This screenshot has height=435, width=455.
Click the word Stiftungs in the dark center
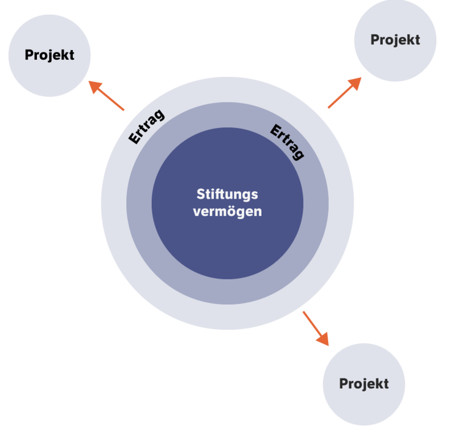(227, 195)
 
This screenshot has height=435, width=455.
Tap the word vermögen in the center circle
(227, 211)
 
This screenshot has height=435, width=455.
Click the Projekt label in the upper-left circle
(49, 55)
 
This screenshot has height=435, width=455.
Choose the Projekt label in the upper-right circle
(395, 40)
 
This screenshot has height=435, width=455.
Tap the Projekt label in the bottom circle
(363, 383)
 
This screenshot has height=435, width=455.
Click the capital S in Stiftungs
(200, 195)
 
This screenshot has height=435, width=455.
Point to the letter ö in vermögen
(233, 211)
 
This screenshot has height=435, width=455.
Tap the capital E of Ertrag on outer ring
(134, 138)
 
